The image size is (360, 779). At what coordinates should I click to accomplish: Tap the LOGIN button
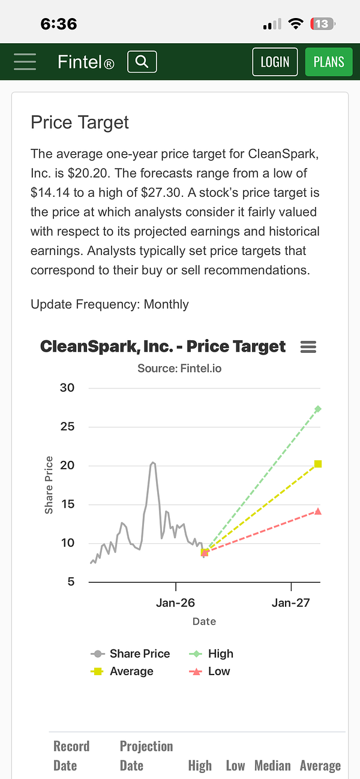pyautogui.click(x=275, y=62)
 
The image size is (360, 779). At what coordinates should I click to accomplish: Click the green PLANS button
pyautogui.click(x=329, y=62)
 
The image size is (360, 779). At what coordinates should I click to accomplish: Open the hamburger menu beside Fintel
pyautogui.click(x=25, y=62)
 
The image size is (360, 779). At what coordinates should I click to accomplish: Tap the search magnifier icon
pyautogui.click(x=142, y=62)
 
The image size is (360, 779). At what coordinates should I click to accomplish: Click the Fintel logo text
pyautogui.click(x=85, y=62)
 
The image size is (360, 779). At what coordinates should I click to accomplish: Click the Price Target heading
pyautogui.click(x=80, y=122)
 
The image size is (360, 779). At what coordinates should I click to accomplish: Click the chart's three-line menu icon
pyautogui.click(x=308, y=347)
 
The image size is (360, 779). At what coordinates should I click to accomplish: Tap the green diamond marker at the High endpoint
pyautogui.click(x=318, y=409)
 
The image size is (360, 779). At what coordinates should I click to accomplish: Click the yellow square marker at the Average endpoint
pyautogui.click(x=318, y=464)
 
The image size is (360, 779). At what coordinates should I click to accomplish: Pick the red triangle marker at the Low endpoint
pyautogui.click(x=318, y=511)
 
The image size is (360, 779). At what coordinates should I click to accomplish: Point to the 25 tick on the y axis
pyautogui.click(x=67, y=427)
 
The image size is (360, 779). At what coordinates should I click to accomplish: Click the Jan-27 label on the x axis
pyautogui.click(x=291, y=603)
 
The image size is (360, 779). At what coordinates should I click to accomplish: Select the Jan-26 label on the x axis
pyautogui.click(x=175, y=603)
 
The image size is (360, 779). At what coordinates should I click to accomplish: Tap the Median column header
pyautogui.click(x=272, y=766)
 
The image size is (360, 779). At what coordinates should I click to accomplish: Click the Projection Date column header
pyautogui.click(x=146, y=756)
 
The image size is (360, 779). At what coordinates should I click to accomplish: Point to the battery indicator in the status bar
pyautogui.click(x=323, y=24)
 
